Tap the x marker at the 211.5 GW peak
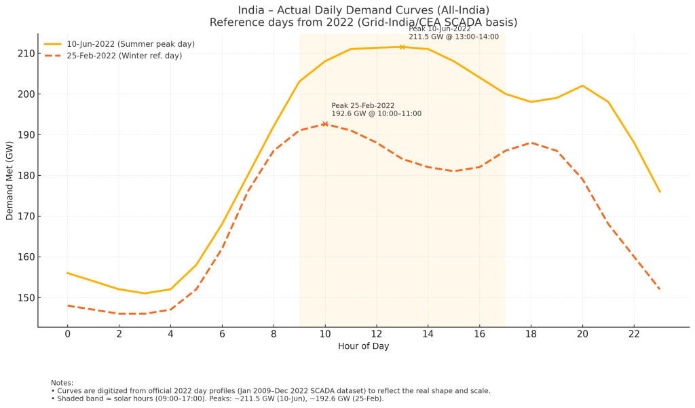click(402, 47)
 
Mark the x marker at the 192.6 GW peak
click(325, 124)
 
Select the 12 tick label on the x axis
click(376, 335)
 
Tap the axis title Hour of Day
click(363, 346)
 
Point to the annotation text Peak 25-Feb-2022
click(362, 106)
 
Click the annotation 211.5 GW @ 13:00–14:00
click(453, 37)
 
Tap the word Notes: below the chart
click(62, 383)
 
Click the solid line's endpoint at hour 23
click(659, 191)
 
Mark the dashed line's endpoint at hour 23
click(659, 289)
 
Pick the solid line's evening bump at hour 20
click(582, 86)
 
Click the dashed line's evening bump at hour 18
click(531, 143)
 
